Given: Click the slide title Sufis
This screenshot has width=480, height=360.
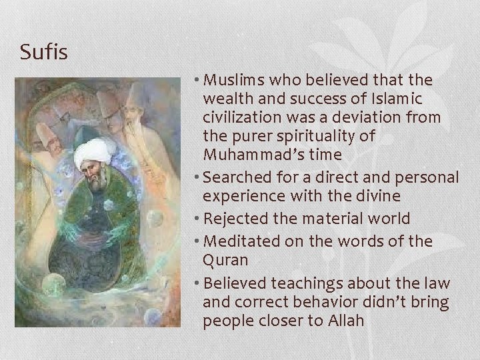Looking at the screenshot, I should pos(44,51).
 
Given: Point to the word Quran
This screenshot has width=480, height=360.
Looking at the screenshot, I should pos(226,259).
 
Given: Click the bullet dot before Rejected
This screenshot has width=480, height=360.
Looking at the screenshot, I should pos(197,219).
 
